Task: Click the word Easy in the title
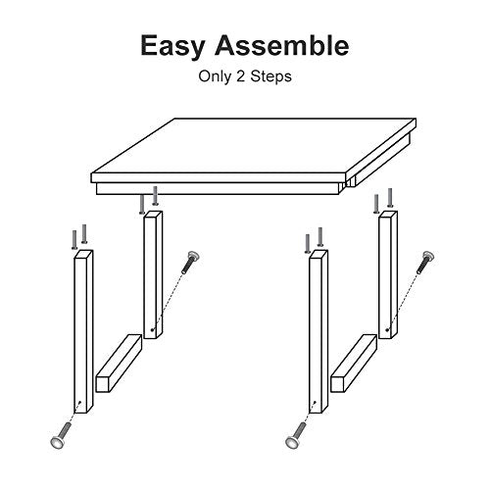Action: (172, 47)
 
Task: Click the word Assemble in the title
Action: (281, 45)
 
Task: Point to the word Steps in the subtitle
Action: (270, 77)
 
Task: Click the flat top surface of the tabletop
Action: (254, 145)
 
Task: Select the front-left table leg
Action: (84, 332)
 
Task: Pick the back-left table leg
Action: (153, 274)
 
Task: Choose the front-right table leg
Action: (318, 331)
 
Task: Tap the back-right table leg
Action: (388, 274)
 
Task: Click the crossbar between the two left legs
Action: (119, 363)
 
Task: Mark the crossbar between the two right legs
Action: (354, 363)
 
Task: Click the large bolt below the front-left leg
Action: (61, 435)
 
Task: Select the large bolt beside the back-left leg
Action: (190, 262)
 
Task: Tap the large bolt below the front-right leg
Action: (296, 435)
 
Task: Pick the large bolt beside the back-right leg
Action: (425, 262)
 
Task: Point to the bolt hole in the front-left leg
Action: (80, 402)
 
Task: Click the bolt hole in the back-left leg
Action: (152, 330)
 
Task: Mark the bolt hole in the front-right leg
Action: (315, 402)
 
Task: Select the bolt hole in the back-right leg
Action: (387, 330)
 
